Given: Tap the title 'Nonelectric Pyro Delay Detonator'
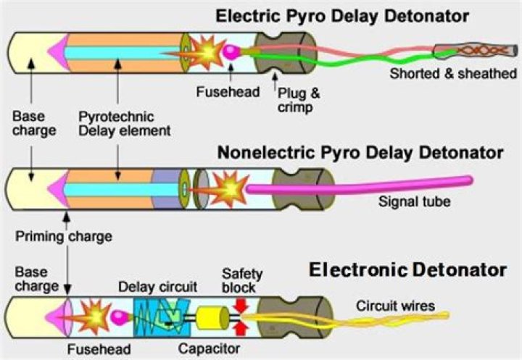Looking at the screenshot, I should [x=360, y=153].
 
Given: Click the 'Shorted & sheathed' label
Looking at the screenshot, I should [x=453, y=74].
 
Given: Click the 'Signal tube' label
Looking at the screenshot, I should [x=414, y=201].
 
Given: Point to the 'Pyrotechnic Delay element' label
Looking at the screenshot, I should [x=125, y=123].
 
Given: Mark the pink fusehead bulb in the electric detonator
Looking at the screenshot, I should [x=231, y=51].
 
